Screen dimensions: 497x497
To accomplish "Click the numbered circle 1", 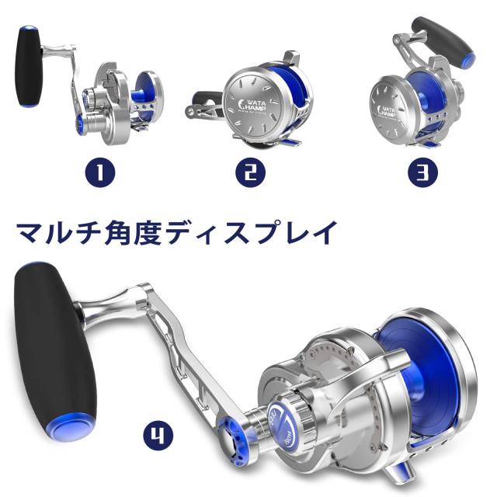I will coord(101,172).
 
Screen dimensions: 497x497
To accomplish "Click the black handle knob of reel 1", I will coord(29,65).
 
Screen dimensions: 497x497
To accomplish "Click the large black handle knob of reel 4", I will coord(54,342).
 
